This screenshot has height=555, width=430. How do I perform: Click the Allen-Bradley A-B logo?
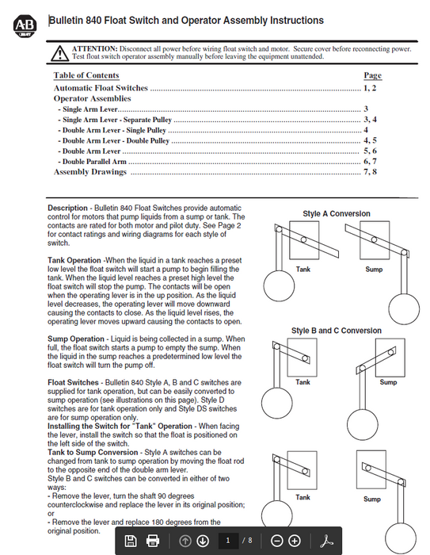click(x=25, y=26)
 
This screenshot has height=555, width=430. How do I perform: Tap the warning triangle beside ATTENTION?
click(x=59, y=53)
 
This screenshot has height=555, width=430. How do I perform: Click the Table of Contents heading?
click(x=86, y=75)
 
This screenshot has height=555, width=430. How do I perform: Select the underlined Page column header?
click(x=373, y=75)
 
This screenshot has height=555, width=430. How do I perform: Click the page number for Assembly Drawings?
click(x=371, y=172)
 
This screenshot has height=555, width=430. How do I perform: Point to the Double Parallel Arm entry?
click(x=93, y=162)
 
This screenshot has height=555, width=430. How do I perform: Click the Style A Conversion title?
click(x=337, y=214)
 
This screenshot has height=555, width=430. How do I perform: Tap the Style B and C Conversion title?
click(x=337, y=331)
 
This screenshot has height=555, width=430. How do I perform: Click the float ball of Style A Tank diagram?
click(x=279, y=285)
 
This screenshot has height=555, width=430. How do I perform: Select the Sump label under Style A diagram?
click(x=374, y=270)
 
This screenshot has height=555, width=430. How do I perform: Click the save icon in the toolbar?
click(x=131, y=541)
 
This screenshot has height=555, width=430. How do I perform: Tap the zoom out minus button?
click(x=277, y=541)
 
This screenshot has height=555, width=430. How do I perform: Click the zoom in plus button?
click(x=295, y=541)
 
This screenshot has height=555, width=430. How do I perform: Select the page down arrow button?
click(x=203, y=541)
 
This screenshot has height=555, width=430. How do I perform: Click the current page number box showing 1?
click(x=228, y=541)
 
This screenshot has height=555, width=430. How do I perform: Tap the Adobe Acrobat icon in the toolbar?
click(x=327, y=541)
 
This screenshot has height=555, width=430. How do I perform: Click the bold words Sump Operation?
click(x=76, y=339)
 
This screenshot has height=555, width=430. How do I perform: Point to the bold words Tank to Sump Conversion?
click(x=93, y=453)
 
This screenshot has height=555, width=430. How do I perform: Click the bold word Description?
click(x=67, y=208)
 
